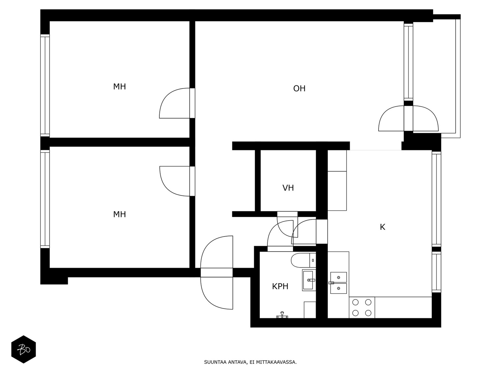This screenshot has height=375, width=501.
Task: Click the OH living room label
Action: (299, 88)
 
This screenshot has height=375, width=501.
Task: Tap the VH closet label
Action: (288, 188)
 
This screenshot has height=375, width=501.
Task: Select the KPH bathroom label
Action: (280, 286)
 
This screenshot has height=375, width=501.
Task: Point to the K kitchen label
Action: (383, 227)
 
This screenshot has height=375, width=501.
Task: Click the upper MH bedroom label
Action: (119, 87)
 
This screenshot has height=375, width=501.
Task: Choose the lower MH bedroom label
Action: (119, 214)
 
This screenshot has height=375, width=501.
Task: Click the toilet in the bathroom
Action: (303, 260)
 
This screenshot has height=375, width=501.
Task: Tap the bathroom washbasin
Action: (309, 280)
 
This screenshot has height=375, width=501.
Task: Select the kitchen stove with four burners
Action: (362, 307)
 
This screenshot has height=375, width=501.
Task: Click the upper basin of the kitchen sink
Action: (338, 277)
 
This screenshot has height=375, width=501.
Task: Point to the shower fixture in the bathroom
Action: (282, 315)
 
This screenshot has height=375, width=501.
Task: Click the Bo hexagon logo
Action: (23, 349)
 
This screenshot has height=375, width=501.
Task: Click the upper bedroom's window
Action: (45, 85)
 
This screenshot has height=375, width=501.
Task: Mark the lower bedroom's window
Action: (45, 199)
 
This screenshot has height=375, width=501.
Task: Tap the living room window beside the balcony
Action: (408, 62)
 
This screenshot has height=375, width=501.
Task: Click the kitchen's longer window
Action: (436, 199)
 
